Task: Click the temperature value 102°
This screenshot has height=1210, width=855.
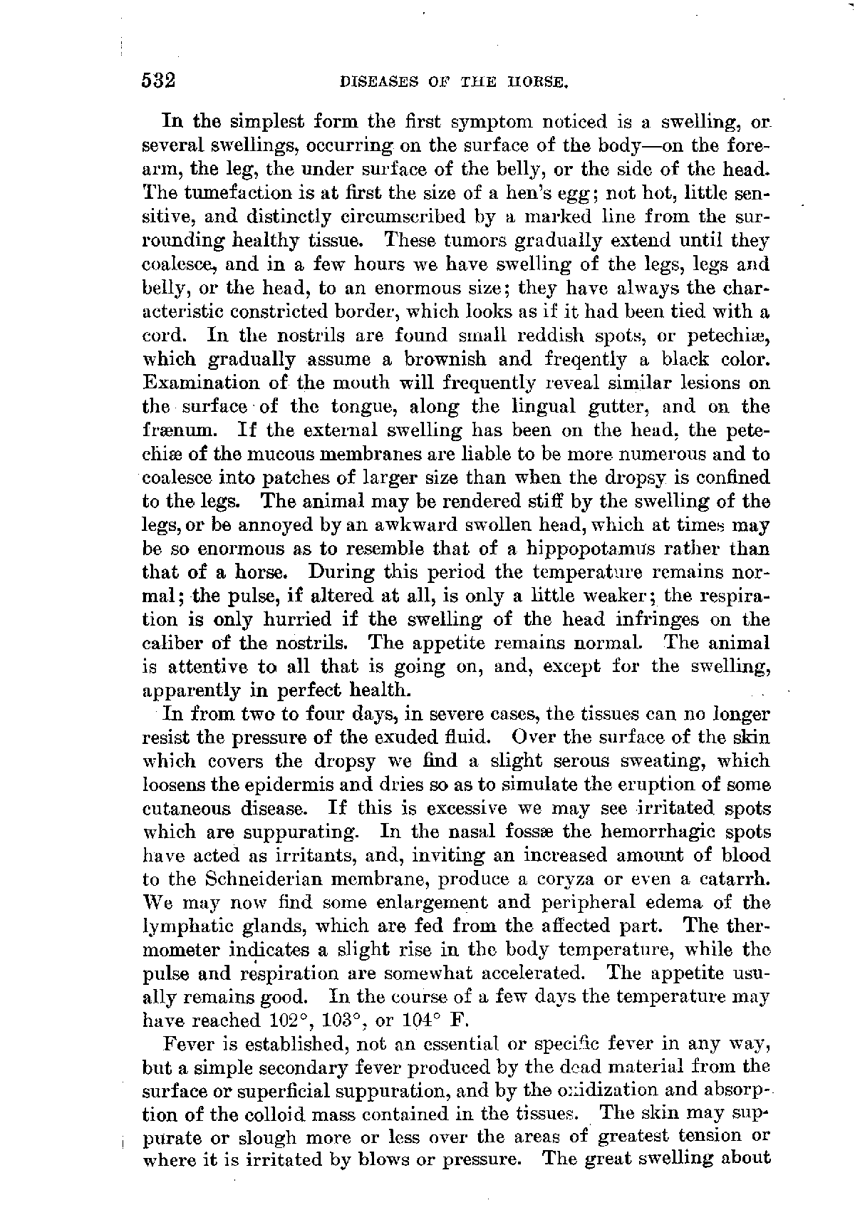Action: [x=296, y=1020]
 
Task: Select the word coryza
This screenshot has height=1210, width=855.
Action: [x=554, y=879]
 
